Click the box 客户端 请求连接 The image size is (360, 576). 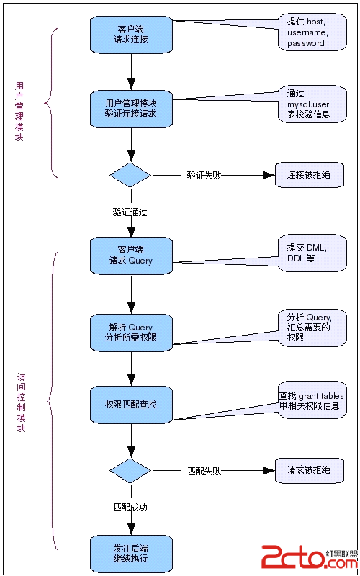click(x=131, y=35)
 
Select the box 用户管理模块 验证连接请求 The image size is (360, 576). click(x=131, y=109)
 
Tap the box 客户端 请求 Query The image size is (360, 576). click(x=131, y=256)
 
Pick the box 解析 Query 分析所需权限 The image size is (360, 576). click(x=131, y=333)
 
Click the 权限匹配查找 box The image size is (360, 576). click(x=131, y=405)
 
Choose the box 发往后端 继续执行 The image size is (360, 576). click(x=131, y=554)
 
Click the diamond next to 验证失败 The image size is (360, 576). click(x=130, y=175)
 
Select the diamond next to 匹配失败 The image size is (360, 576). click(x=130, y=471)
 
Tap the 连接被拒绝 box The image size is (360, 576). click(x=310, y=175)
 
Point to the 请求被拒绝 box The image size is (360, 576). click(x=310, y=470)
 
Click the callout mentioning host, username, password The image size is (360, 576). click(x=312, y=32)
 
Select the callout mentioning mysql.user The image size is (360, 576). click(x=312, y=104)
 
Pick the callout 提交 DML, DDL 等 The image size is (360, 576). click(x=312, y=253)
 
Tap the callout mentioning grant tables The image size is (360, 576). click(x=312, y=400)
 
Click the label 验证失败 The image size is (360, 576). click(x=204, y=175)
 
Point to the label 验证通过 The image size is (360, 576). click(x=130, y=212)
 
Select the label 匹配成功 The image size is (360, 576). click(x=130, y=508)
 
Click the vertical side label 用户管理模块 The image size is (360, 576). click(x=19, y=112)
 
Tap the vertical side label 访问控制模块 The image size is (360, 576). click(x=22, y=402)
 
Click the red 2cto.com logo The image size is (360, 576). click(x=310, y=556)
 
